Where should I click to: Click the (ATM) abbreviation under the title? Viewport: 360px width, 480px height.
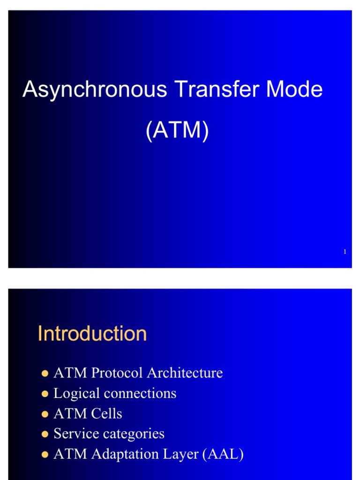tap(177, 131)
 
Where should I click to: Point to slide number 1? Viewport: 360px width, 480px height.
tap(345, 252)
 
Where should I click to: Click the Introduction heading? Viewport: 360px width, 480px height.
tap(92, 334)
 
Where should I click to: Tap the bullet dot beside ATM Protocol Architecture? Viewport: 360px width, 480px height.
tap(45, 374)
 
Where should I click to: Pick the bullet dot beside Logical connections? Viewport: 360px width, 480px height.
tap(45, 394)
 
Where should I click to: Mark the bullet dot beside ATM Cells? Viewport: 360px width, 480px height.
tap(45, 414)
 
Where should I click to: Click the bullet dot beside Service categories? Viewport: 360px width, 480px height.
tap(45, 435)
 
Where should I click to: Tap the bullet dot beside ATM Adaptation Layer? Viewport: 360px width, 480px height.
tap(45, 455)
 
